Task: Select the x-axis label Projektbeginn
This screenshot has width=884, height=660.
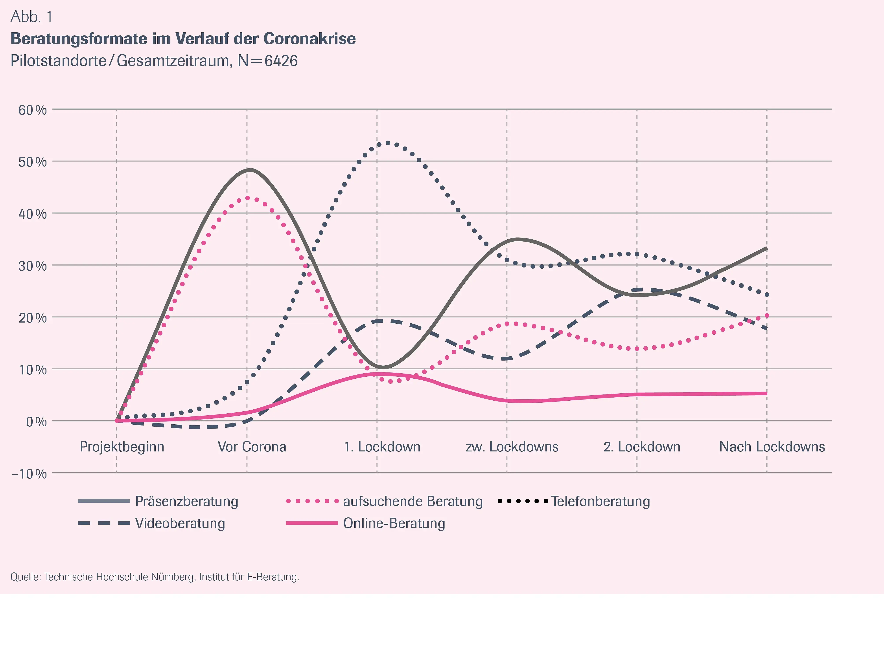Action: (122, 447)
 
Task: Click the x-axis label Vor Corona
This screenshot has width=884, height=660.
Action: (252, 447)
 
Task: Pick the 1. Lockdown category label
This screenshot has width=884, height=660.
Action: (382, 447)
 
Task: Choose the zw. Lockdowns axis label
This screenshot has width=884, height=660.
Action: (512, 447)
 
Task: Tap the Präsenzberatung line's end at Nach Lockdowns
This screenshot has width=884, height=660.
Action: (766, 249)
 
